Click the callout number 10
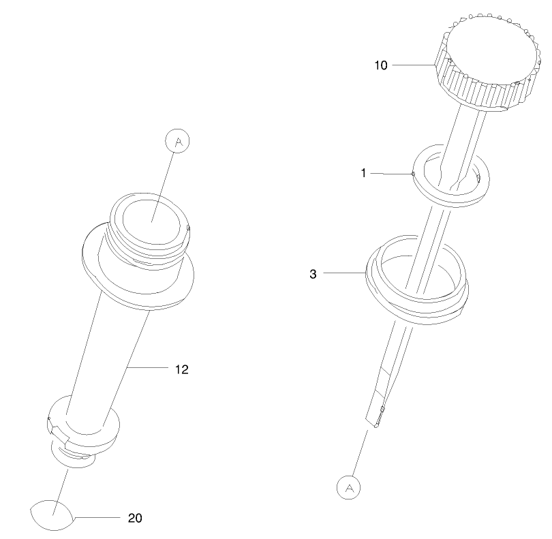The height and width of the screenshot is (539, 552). coord(380,65)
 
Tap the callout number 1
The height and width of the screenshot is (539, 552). coord(364,173)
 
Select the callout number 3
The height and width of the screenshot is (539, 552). coord(313,274)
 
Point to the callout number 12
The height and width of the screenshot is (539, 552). coord(182,369)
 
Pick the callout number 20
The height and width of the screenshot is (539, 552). coord(135,518)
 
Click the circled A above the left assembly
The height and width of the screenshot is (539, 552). coord(177,141)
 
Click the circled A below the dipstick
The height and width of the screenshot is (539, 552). coord(348,488)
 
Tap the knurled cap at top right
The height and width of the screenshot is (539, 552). coord(487,61)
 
